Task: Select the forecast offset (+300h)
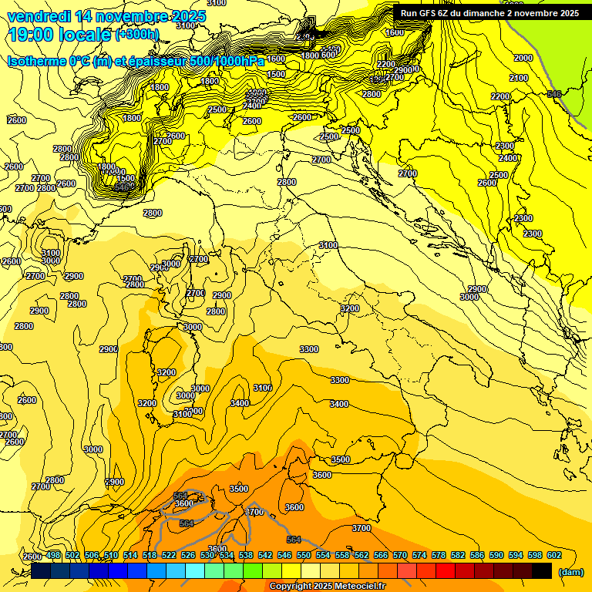click(x=137, y=35)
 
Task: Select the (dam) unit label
click(x=570, y=571)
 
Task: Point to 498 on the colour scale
click(x=52, y=555)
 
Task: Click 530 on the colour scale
click(x=207, y=555)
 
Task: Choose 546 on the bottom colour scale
click(x=284, y=555)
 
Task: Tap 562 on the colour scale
click(x=361, y=555)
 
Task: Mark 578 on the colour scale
click(x=438, y=555)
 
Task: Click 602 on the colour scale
click(x=553, y=555)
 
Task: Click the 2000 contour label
click(x=523, y=58)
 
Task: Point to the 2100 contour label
click(x=519, y=78)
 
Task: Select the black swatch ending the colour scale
click(x=542, y=570)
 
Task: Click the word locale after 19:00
click(x=83, y=35)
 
